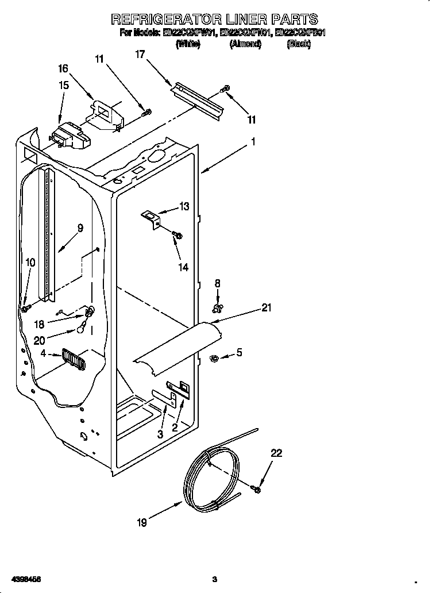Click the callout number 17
[x=140, y=54]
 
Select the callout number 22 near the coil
[x=276, y=453]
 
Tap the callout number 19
[x=142, y=522]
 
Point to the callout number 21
[x=266, y=307]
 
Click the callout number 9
[x=80, y=228]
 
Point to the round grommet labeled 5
[x=213, y=359]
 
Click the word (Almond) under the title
[x=245, y=44]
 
